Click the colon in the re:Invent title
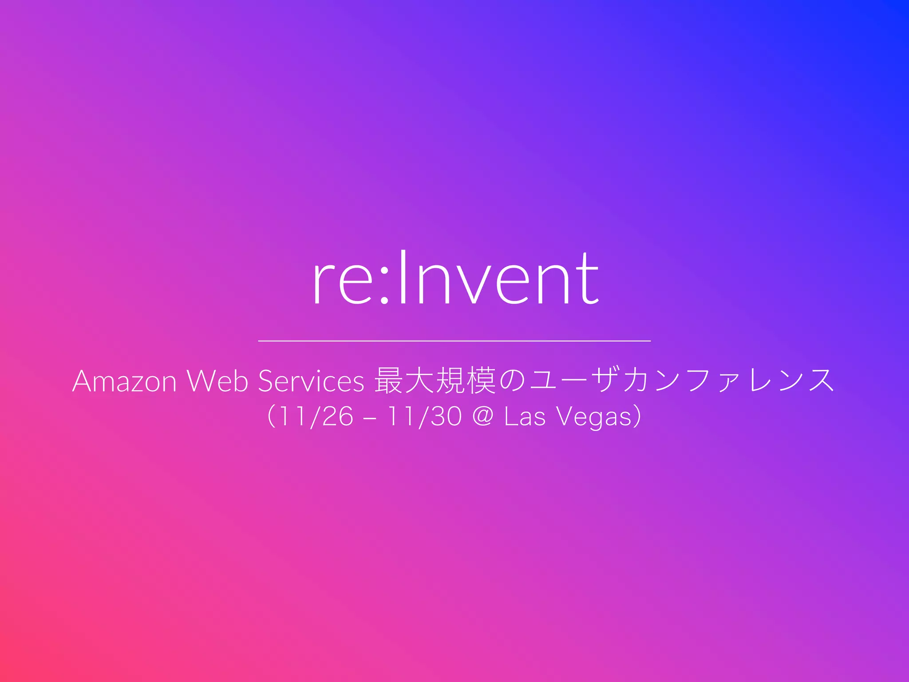coord(385,284)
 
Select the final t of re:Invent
coord(589,277)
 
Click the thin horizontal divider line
coord(454,341)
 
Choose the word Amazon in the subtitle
coord(124,381)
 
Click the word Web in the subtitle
coord(217,381)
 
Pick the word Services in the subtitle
coord(311,381)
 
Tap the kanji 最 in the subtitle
coord(389,381)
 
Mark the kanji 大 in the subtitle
coord(420,381)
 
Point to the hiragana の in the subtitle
coord(512,381)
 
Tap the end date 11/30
coord(424,417)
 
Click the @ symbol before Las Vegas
coord(483,417)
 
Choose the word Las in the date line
coord(525,417)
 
